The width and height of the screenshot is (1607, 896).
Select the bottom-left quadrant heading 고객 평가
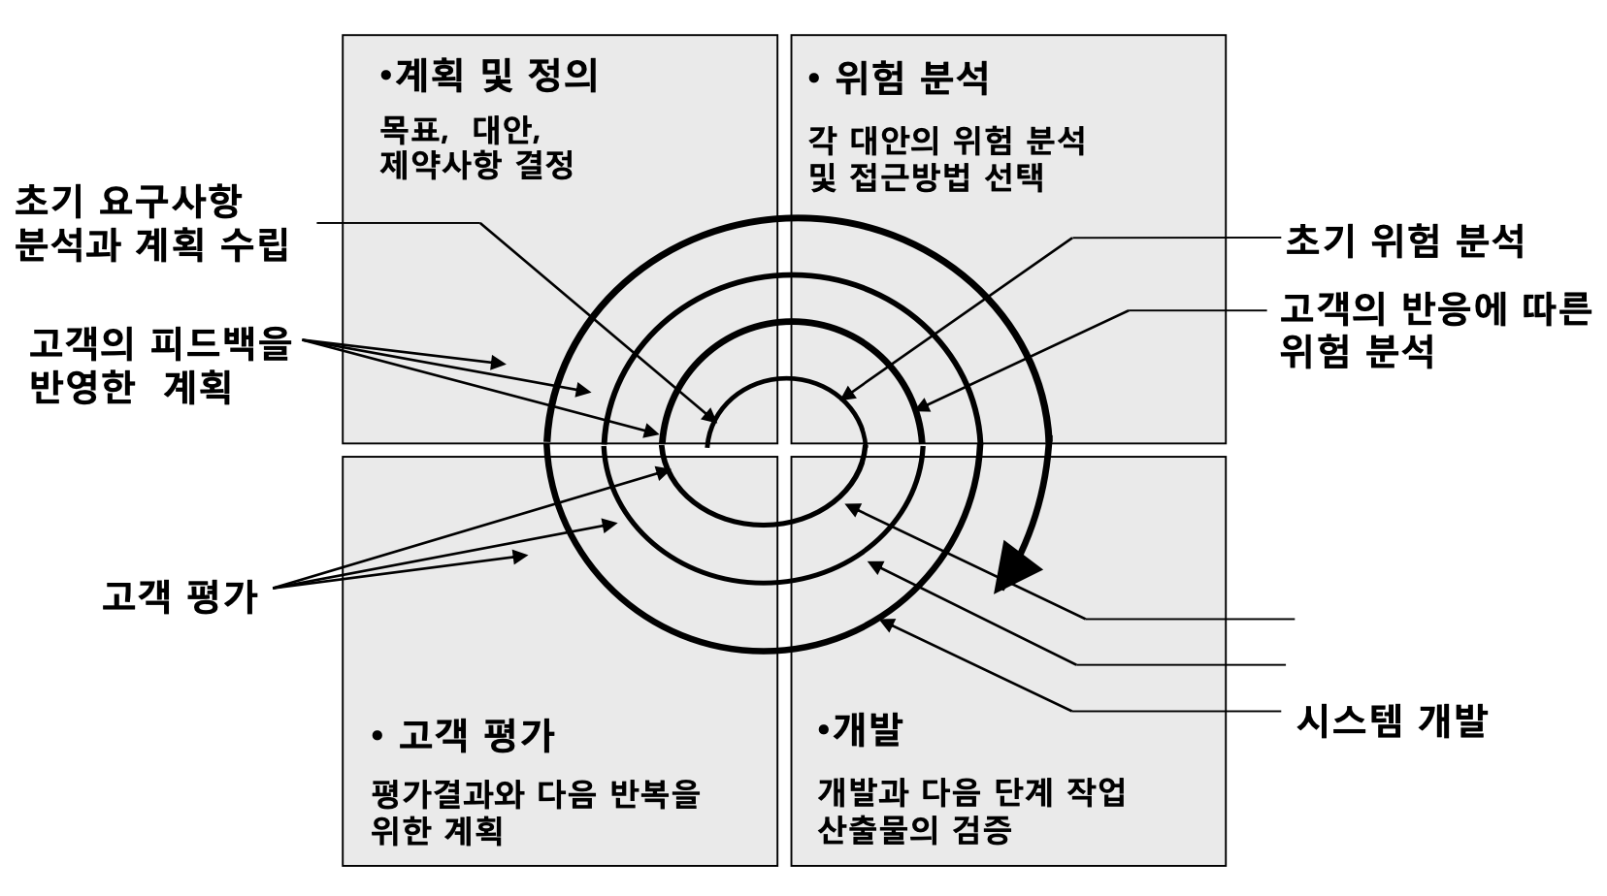click(476, 736)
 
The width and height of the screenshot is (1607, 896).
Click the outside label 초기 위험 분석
click(1403, 240)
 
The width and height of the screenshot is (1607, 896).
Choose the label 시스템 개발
click(1392, 720)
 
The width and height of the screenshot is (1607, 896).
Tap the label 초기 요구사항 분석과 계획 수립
click(151, 223)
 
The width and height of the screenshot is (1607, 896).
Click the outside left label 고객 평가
click(180, 596)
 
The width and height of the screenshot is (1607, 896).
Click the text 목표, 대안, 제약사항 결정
click(476, 146)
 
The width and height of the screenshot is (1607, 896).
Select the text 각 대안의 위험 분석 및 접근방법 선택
click(946, 159)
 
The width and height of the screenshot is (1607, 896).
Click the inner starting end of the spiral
click(708, 444)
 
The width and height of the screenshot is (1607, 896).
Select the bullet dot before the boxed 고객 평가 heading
click(377, 737)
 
